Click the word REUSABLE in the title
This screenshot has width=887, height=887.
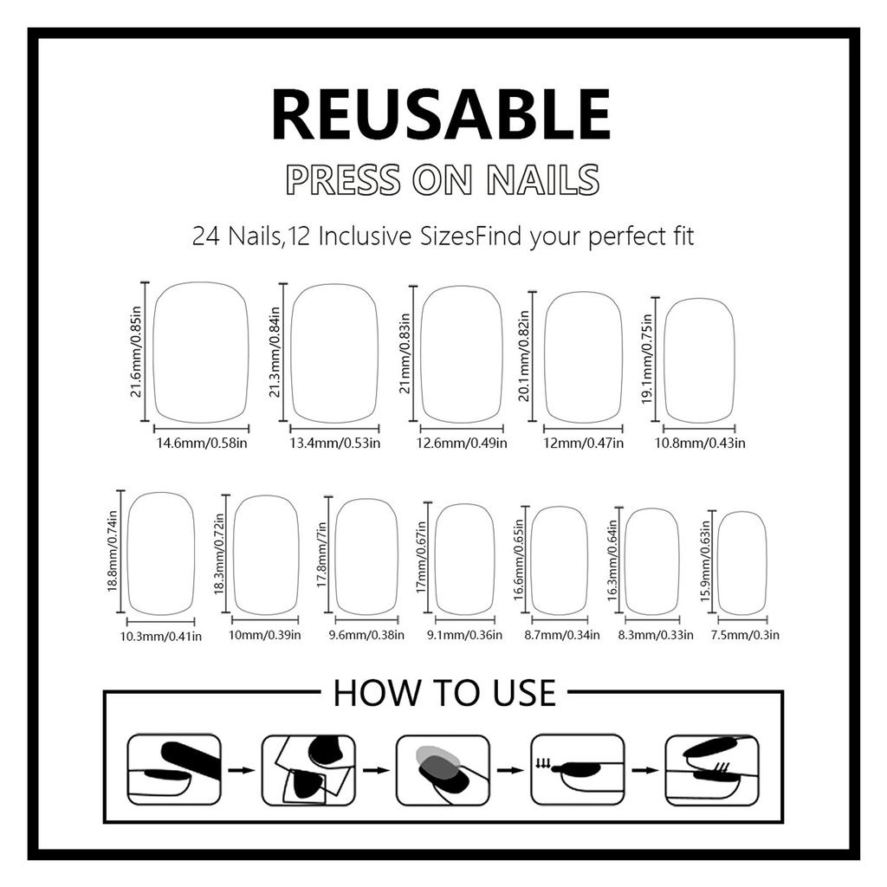click(x=442, y=115)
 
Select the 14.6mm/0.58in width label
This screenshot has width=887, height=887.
click(x=202, y=443)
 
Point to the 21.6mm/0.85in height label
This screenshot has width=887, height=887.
click(x=135, y=352)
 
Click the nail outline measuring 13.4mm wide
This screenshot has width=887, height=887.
click(x=334, y=353)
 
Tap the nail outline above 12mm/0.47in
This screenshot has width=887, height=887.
click(x=583, y=356)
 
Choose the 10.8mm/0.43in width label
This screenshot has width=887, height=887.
click(x=703, y=443)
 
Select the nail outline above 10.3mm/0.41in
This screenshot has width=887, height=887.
click(x=160, y=553)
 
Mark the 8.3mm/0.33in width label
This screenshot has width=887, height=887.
click(x=656, y=636)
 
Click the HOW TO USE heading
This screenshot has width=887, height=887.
click(x=443, y=693)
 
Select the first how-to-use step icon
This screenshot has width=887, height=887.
click(x=173, y=769)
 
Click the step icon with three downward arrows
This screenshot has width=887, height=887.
click(x=577, y=769)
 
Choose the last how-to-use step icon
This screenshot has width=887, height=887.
click(x=711, y=769)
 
